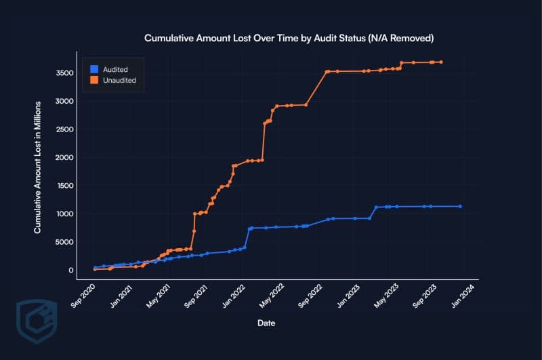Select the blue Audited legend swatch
(94, 69)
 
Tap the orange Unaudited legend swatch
(94, 80)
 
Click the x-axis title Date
(266, 323)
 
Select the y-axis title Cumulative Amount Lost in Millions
(39, 167)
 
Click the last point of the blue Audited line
(461, 206)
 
